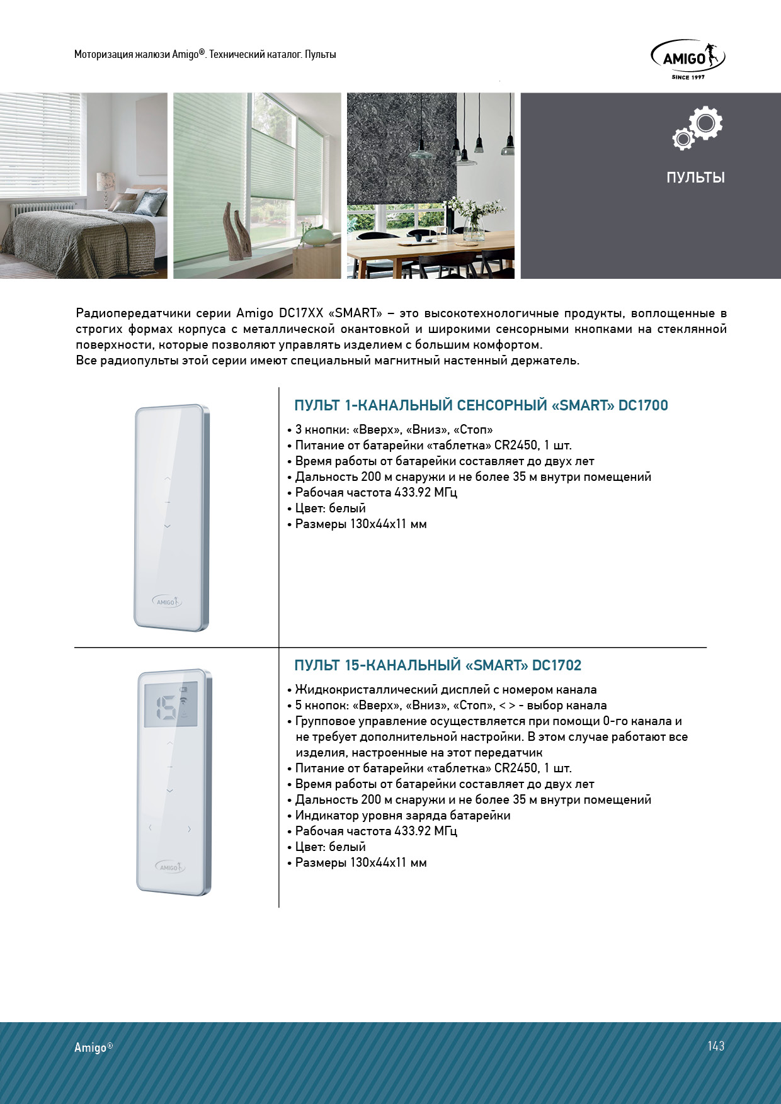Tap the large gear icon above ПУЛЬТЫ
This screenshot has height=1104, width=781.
tap(705, 123)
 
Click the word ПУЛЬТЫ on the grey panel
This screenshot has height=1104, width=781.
tap(695, 177)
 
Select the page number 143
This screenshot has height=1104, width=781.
tap(715, 1046)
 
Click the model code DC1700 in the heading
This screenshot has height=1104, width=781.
tap(643, 405)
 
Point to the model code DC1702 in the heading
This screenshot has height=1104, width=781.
tap(557, 665)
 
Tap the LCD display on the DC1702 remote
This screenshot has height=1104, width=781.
tap(171, 704)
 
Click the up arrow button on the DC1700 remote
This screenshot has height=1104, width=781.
tap(168, 479)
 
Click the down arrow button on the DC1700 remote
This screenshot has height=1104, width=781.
tap(168, 526)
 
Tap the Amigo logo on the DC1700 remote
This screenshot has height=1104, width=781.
tap(167, 602)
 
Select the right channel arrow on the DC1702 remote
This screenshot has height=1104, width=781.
tap(189, 829)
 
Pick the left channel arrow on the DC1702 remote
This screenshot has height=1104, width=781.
tap(150, 828)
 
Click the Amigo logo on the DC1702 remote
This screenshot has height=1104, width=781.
tap(169, 867)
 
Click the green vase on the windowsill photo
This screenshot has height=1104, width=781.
tap(319, 237)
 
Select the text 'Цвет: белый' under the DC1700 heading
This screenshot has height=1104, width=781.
tap(330, 509)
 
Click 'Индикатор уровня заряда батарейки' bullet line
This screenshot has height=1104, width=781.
tap(402, 816)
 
